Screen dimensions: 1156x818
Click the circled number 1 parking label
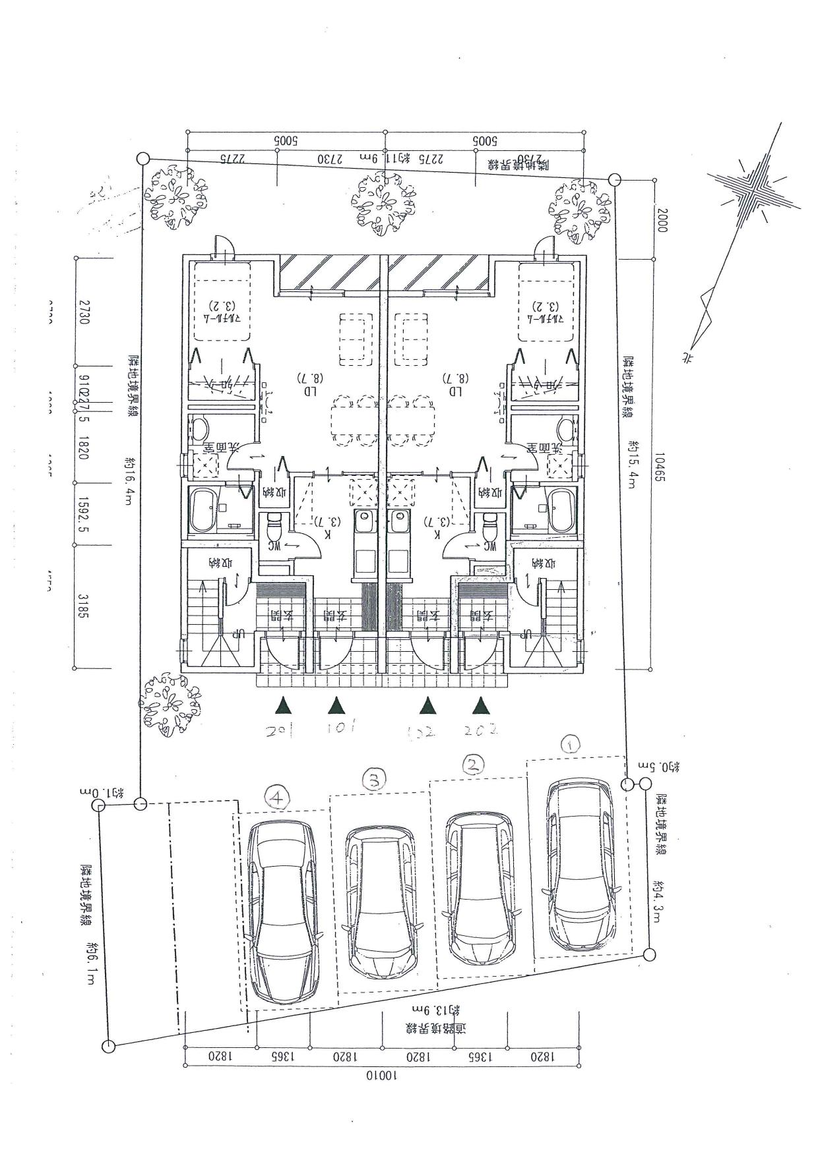pyautogui.click(x=570, y=744)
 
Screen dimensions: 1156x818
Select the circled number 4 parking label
pyautogui.click(x=278, y=798)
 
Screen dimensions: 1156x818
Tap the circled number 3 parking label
pyautogui.click(x=374, y=782)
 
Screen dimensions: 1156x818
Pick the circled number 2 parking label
pyautogui.click(x=472, y=765)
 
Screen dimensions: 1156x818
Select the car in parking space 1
pyautogui.click(x=579, y=865)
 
